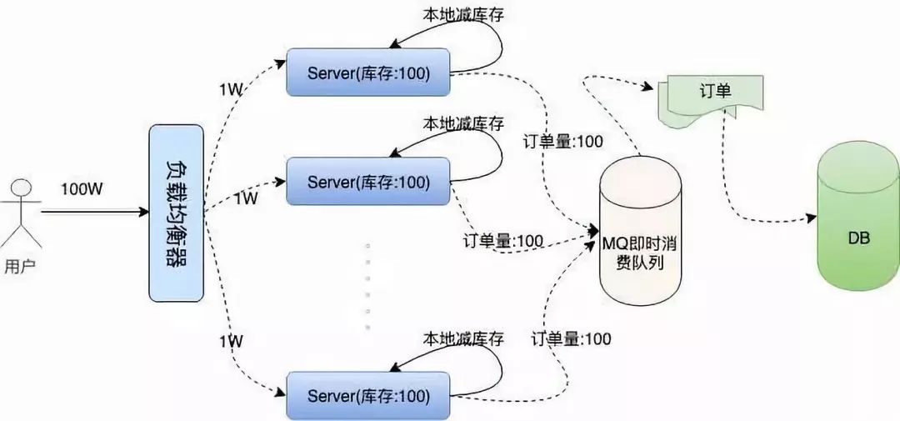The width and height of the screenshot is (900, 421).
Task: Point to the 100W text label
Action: (82, 189)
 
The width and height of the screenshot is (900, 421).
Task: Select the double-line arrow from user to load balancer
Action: (92, 213)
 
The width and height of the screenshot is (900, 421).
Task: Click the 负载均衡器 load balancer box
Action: (176, 213)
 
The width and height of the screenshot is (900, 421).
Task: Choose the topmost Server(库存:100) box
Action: (367, 73)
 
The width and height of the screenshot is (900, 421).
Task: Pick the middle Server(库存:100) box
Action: (367, 181)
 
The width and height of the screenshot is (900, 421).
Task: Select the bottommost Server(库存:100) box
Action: (367, 396)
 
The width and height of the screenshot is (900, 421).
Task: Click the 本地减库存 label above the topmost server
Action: (463, 15)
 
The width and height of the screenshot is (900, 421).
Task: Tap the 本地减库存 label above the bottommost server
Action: (463, 338)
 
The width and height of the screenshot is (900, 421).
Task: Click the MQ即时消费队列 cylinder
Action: (641, 233)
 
